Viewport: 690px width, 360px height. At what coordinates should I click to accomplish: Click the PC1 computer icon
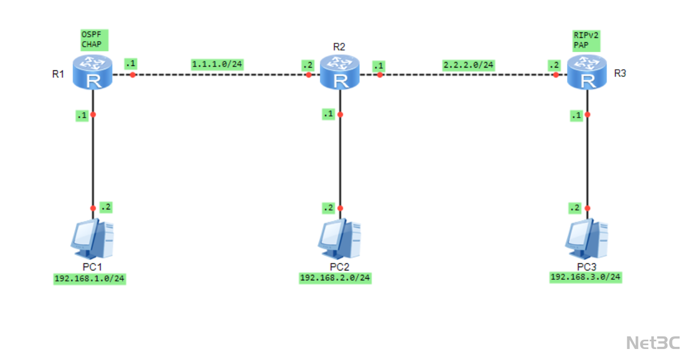(92, 239)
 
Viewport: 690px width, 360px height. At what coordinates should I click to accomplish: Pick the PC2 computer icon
(340, 239)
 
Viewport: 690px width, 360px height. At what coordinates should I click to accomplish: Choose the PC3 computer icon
(587, 239)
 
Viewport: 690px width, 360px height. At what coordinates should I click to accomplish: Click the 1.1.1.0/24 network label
(217, 64)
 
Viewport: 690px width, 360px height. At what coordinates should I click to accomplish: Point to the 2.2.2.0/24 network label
(469, 65)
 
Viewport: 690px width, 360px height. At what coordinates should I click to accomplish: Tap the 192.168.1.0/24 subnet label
(90, 279)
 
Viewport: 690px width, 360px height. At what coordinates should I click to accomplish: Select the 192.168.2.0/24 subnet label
(335, 278)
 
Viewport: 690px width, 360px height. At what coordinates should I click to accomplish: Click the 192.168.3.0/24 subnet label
(586, 277)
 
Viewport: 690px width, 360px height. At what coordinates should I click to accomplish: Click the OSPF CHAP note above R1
(92, 40)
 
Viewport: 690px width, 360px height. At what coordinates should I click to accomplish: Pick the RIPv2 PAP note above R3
(586, 40)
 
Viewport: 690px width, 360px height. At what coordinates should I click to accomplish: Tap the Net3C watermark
(653, 342)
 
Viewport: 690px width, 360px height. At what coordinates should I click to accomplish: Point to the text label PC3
(586, 267)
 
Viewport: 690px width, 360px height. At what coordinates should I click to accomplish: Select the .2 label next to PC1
(105, 207)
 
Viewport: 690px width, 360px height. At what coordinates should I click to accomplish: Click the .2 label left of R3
(554, 65)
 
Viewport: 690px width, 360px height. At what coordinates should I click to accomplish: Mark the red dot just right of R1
(132, 75)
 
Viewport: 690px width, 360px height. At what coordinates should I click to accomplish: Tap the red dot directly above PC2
(340, 208)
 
